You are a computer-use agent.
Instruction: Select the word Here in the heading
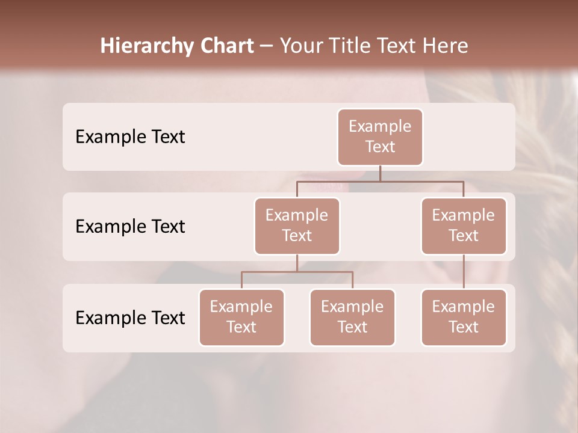[446, 46]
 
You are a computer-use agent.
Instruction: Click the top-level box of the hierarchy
[380, 137]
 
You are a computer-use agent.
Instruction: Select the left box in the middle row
[297, 226]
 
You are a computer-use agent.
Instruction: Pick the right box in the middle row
[464, 226]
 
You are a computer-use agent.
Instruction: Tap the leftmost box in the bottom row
[241, 317]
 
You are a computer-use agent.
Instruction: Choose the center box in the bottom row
[352, 317]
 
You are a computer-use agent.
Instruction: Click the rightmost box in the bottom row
[464, 317]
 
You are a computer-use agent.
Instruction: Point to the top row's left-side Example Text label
[130, 137]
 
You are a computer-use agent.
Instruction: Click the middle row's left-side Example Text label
[130, 226]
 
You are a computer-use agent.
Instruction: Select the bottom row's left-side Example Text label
[130, 318]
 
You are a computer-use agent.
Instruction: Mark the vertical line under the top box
[380, 173]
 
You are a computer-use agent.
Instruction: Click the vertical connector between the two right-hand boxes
[464, 272]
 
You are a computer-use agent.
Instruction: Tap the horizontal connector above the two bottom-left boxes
[297, 272]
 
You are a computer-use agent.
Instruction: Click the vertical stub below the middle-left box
[297, 263]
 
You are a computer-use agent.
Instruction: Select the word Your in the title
[300, 46]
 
